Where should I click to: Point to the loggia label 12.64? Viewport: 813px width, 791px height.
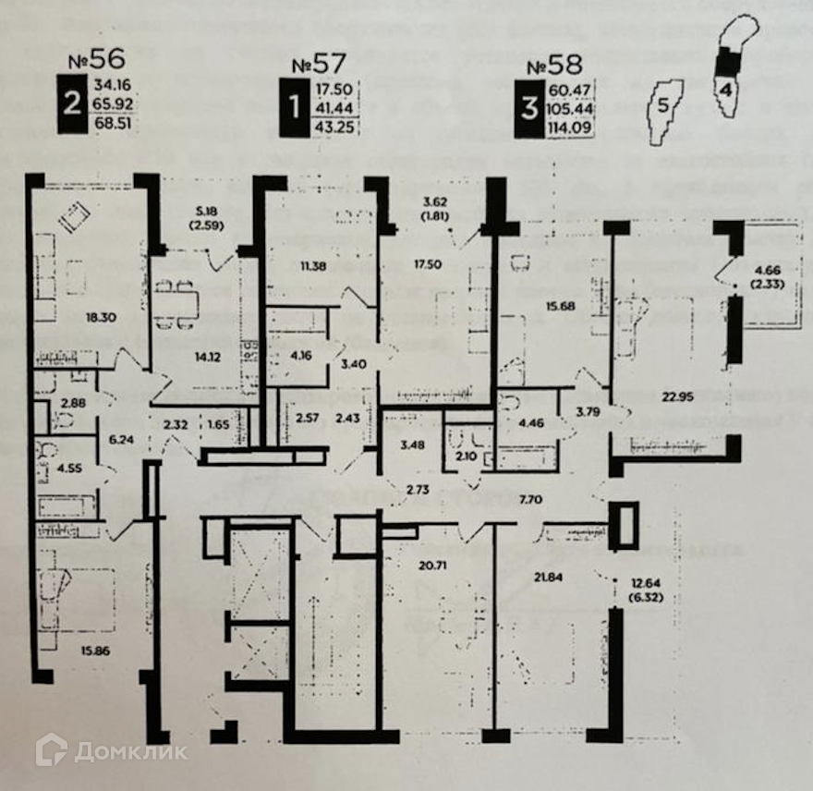pos(647,582)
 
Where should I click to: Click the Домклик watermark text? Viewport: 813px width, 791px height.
pos(130,751)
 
